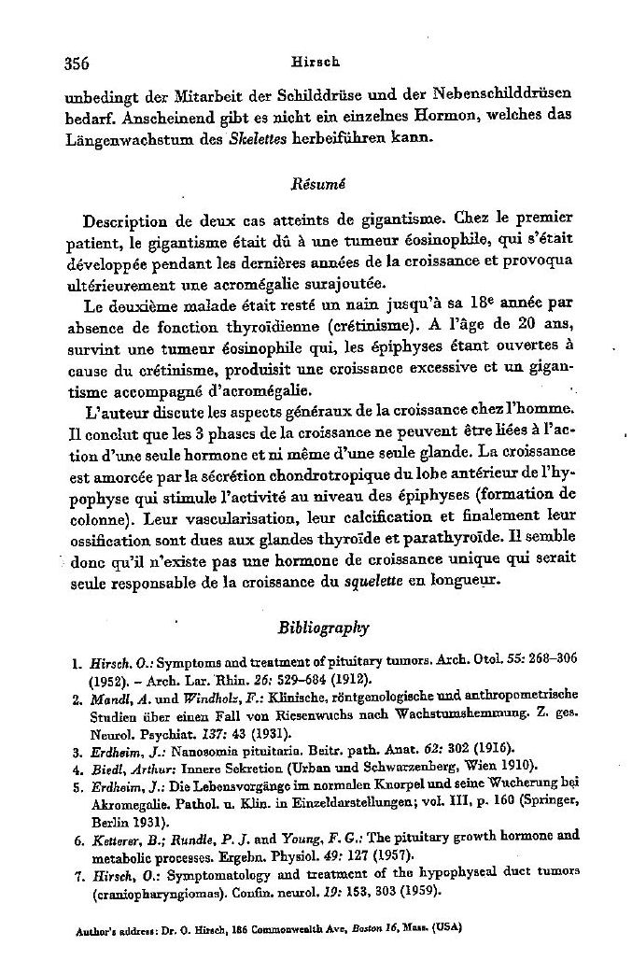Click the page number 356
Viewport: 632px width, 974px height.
pos(76,64)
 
